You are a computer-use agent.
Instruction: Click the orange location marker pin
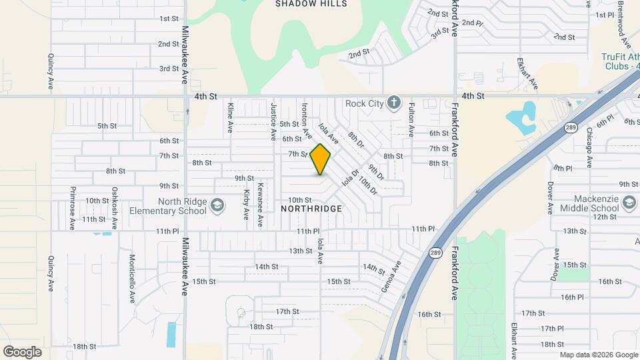tap(321, 159)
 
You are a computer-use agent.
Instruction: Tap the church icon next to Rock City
tap(394, 103)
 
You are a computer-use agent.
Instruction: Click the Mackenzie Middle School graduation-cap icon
tap(629, 201)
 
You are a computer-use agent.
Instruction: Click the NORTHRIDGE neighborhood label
tap(311, 209)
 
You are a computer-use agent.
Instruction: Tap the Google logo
tap(22, 352)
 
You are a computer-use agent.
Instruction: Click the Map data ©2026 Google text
tap(598, 355)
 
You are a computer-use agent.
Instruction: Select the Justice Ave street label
tap(273, 121)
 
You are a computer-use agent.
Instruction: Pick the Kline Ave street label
tap(230, 117)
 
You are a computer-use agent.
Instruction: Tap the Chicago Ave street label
tap(589, 148)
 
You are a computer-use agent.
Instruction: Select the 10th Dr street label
tap(368, 185)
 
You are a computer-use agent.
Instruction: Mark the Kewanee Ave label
tap(260, 201)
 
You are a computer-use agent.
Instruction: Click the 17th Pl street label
tap(553, 329)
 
